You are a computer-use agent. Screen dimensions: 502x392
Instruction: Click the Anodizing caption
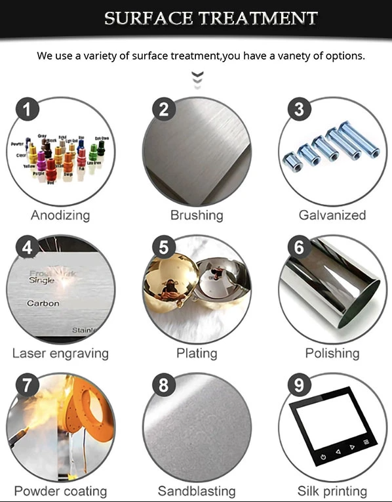[60, 215]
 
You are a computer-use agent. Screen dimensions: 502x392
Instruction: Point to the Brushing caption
[197, 215]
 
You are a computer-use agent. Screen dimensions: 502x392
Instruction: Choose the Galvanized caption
[332, 215]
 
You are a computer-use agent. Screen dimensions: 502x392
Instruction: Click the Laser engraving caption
[60, 353]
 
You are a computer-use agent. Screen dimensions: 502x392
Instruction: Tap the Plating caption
[197, 353]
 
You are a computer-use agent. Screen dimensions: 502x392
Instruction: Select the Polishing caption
[332, 353]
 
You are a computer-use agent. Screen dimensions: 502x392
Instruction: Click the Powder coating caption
[60, 491]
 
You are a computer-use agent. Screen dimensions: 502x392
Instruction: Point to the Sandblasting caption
[197, 491]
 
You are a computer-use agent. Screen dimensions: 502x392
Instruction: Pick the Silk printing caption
[332, 491]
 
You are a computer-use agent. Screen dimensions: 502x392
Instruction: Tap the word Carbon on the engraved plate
[43, 304]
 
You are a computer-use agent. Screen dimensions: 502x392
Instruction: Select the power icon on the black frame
[323, 456]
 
